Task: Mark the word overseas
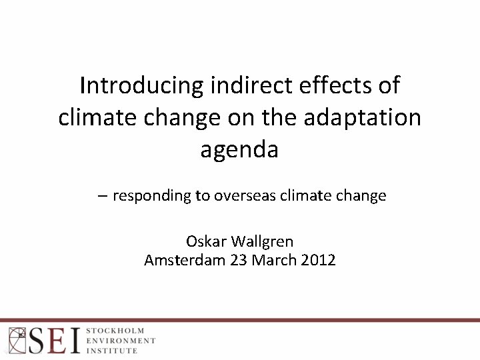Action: (x=245, y=196)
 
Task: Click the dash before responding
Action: (x=101, y=196)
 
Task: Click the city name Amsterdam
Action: (x=185, y=260)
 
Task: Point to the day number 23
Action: (x=239, y=260)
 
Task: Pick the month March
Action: (x=274, y=260)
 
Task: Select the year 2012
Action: (x=318, y=260)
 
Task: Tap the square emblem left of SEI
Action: (x=17, y=340)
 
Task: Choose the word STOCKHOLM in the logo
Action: (x=115, y=331)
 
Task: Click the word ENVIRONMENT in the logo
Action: (x=121, y=340)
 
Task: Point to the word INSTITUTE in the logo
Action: (x=112, y=350)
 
